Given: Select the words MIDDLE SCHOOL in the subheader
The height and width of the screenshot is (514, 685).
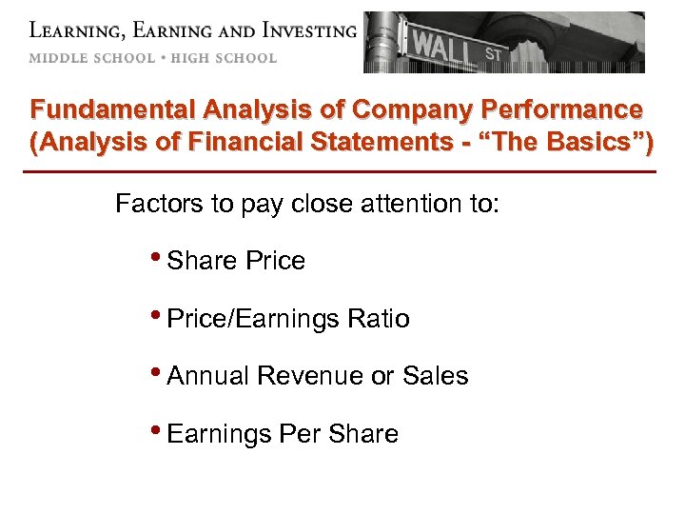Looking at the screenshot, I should (x=91, y=58).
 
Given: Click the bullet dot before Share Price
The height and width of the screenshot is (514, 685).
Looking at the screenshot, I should (x=156, y=258).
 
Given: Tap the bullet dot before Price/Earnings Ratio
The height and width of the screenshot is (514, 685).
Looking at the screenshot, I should (x=156, y=316).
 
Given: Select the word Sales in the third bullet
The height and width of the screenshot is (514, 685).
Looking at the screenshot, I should (x=436, y=376).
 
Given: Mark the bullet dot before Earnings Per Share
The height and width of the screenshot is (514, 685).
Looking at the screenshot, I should (x=156, y=431).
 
